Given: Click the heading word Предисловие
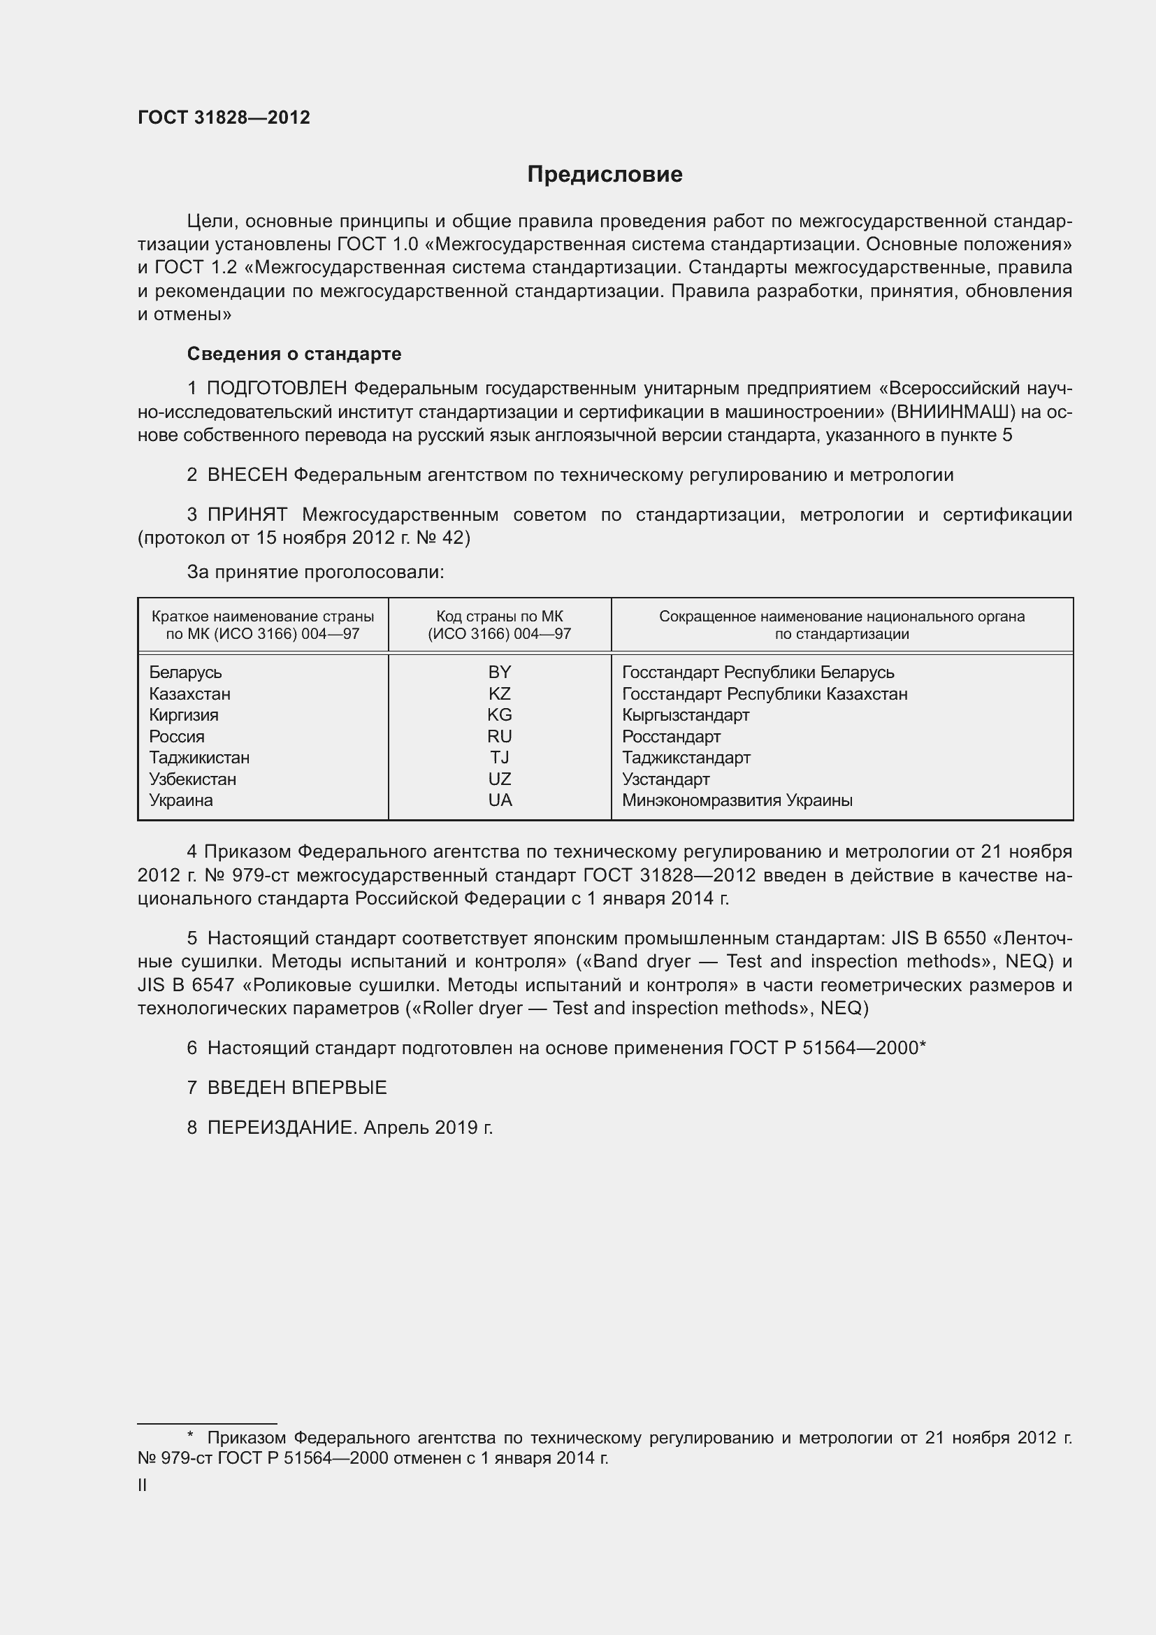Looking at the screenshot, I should [x=605, y=175].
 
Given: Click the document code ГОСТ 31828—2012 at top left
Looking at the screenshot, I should [x=224, y=117].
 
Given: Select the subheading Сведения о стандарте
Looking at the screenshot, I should [x=294, y=354].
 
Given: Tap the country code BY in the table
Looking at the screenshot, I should [x=500, y=672].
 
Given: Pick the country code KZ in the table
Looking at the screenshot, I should [x=500, y=693].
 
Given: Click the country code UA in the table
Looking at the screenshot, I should [x=500, y=800].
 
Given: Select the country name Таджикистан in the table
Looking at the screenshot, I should [x=199, y=758].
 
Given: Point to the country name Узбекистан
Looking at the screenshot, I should [x=192, y=779].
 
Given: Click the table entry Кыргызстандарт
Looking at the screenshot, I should [x=686, y=715].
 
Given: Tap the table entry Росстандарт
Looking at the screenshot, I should [x=671, y=736].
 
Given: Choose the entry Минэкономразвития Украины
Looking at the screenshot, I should [x=737, y=800].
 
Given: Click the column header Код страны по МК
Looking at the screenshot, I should [x=500, y=617].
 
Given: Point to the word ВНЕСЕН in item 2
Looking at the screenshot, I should [x=247, y=475].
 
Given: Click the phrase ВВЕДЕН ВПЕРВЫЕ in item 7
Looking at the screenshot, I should [x=297, y=1088].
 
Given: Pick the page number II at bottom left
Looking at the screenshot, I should [x=143, y=1485].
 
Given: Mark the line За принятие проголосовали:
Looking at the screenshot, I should [x=315, y=572].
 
